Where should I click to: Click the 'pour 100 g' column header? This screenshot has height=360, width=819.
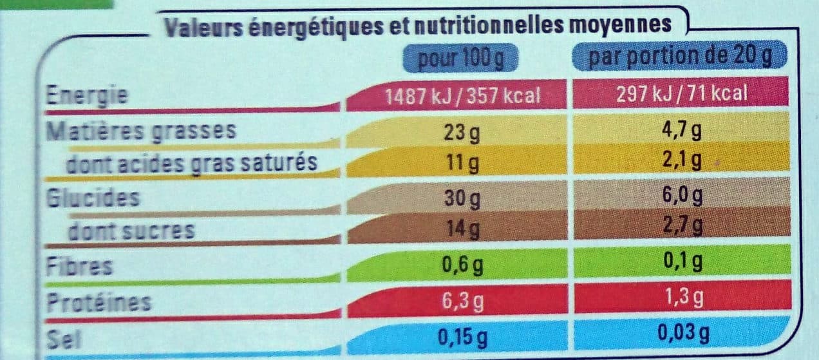[x=461, y=58]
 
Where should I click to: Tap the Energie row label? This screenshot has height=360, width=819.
[x=87, y=96]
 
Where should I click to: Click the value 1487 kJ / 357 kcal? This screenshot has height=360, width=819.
[x=463, y=96]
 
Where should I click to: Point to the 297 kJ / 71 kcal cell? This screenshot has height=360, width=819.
[x=682, y=93]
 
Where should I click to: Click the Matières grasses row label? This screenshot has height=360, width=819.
[x=141, y=131]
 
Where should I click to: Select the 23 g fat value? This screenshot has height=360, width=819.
[x=462, y=133]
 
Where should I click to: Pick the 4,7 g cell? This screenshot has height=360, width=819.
[x=682, y=130]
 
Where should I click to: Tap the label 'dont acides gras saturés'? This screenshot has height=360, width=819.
[x=192, y=164]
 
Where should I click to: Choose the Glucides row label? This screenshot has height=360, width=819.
[x=93, y=198]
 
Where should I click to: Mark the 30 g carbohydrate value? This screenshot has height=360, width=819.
[x=462, y=198]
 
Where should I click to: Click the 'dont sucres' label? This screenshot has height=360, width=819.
[x=131, y=231]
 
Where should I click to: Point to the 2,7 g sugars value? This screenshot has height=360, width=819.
[x=682, y=225]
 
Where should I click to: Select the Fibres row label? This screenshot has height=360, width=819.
[x=79, y=266]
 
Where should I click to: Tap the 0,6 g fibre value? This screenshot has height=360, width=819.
[x=462, y=265]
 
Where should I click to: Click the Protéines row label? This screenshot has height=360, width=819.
[x=99, y=302]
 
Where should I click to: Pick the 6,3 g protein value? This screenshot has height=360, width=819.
[x=463, y=301]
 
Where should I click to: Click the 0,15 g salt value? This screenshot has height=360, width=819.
[x=462, y=337]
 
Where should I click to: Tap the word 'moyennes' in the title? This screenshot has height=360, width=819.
[x=621, y=25]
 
